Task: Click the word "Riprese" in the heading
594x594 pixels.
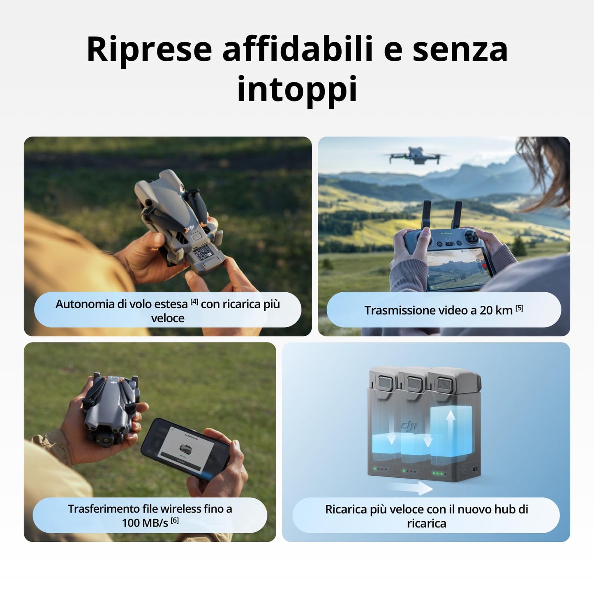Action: click(x=149, y=49)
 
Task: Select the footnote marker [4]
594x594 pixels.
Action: click(x=194, y=302)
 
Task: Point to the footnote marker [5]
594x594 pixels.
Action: click(x=520, y=308)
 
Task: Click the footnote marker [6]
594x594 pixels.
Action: click(x=175, y=520)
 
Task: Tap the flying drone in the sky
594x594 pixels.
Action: click(x=416, y=156)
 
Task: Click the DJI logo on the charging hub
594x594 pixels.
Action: click(x=409, y=425)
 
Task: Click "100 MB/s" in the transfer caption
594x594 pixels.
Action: click(x=145, y=523)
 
